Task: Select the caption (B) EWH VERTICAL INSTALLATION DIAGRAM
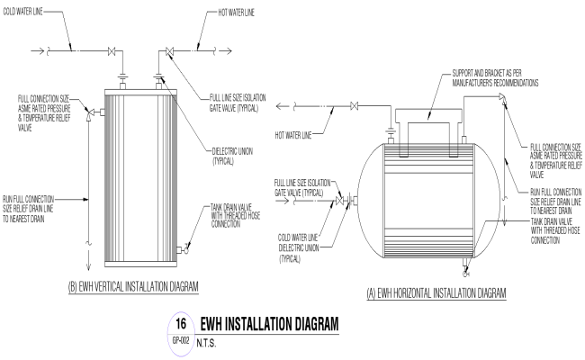click(133, 286)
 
